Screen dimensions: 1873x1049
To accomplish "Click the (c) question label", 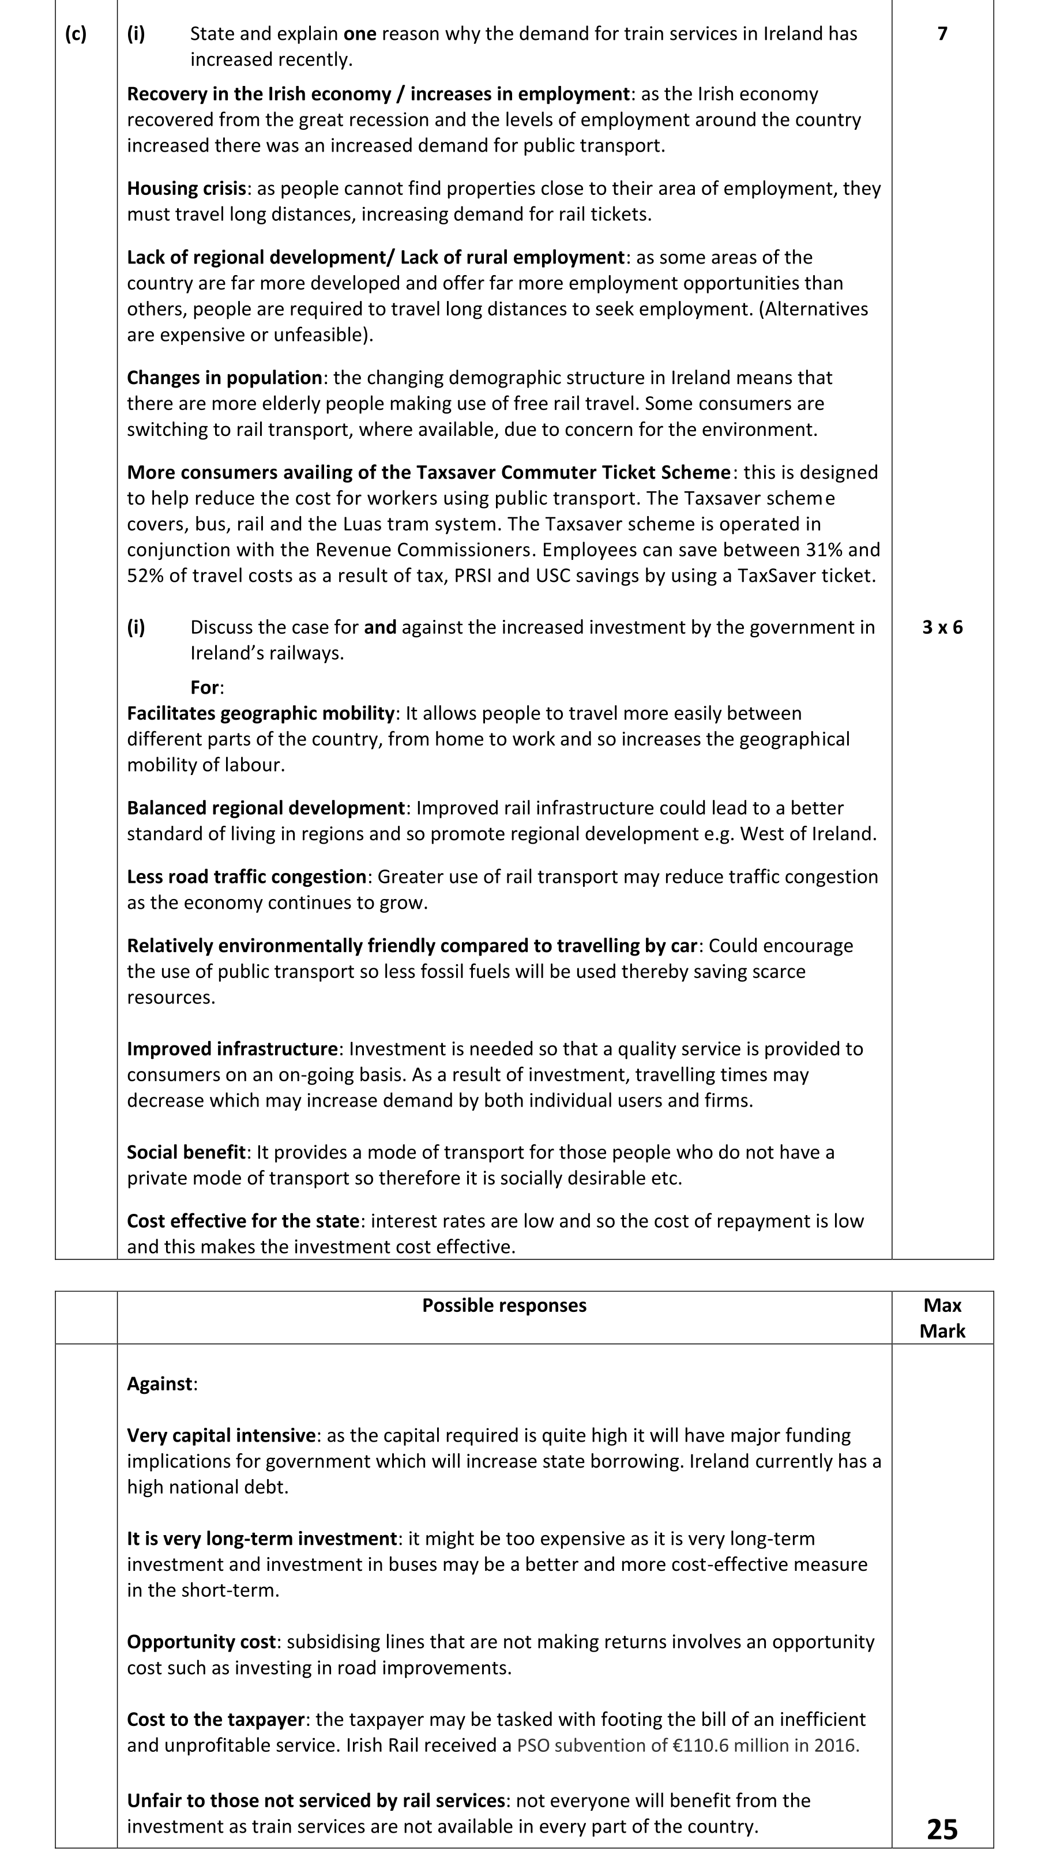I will [x=76, y=34].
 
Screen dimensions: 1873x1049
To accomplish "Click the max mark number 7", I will [x=942, y=34].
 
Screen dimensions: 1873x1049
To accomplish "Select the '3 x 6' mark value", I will [x=942, y=627].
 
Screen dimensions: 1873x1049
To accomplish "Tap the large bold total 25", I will [x=942, y=1829].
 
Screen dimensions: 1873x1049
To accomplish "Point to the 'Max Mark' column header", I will [x=942, y=1318].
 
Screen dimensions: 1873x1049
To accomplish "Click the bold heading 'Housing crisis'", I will [x=187, y=189].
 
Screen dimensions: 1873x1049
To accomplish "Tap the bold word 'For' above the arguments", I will [x=205, y=688].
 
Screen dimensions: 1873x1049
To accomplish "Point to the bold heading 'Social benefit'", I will [x=186, y=1152].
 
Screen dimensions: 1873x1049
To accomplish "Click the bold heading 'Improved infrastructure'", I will [x=232, y=1049].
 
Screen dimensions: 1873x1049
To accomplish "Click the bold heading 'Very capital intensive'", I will [x=221, y=1435].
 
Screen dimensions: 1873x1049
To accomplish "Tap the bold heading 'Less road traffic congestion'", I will [x=246, y=877].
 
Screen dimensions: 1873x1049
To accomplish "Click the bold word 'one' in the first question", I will [x=360, y=34].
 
